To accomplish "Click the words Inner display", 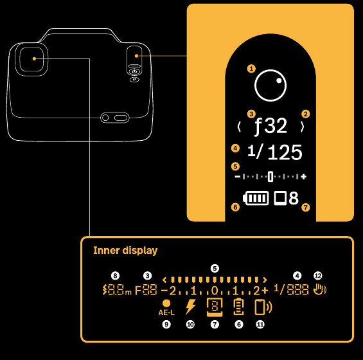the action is coord(125,251).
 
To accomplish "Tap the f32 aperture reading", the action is coord(271,126).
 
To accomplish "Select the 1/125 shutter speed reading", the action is coord(275,152).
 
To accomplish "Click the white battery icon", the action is coord(256,198).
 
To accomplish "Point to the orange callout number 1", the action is coord(251,69).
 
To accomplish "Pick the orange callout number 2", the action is coord(306,114).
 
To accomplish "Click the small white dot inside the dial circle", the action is coord(279,80).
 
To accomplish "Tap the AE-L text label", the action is coord(166,312).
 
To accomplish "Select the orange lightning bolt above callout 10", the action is coord(191,307).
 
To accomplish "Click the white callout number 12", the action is coord(318,276).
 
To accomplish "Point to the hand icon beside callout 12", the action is coord(320,289).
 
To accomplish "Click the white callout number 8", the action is coord(115,276).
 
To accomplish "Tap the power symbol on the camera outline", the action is coord(134,72).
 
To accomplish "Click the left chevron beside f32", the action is coord(239,127).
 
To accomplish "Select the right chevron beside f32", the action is coord(302,127).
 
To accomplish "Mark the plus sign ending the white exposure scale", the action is coord(303,177).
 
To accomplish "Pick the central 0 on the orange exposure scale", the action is coord(215,291).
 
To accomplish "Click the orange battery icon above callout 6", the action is coord(239,307).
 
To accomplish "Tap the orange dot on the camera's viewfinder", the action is coord(34,59).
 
